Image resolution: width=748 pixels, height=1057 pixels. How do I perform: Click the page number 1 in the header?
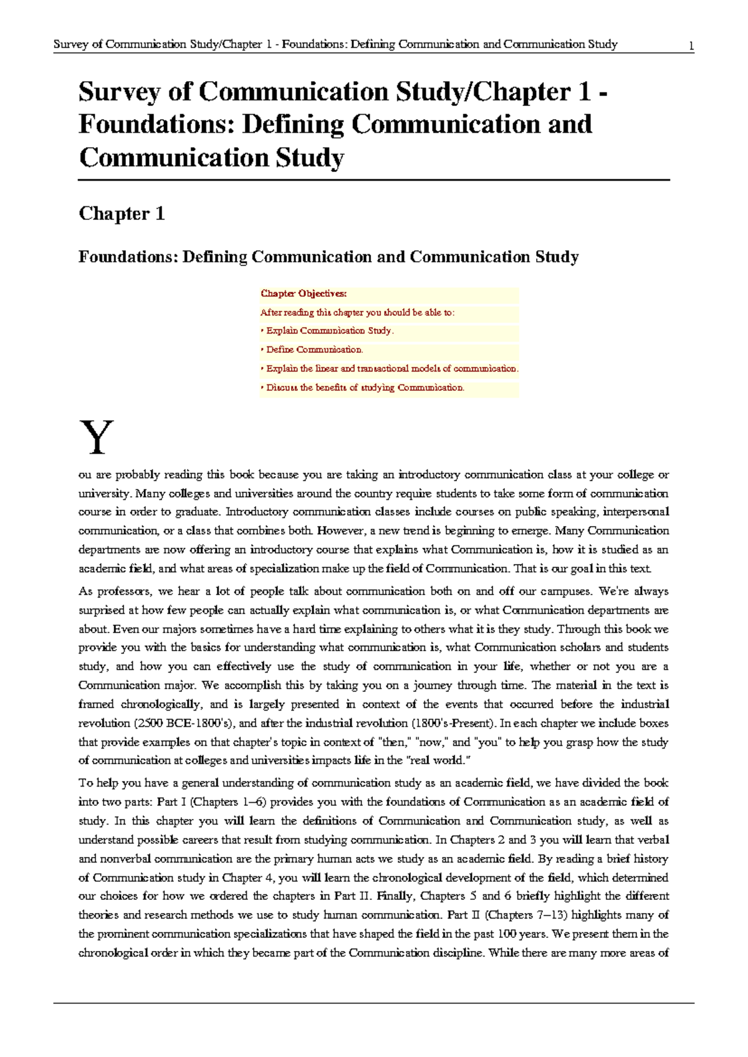click(691, 45)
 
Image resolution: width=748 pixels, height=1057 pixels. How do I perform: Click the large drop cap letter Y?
click(97, 438)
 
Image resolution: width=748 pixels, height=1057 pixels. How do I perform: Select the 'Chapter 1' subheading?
click(122, 214)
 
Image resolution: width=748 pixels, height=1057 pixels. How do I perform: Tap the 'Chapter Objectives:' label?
click(304, 294)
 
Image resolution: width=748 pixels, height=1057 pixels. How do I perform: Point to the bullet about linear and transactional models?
click(391, 368)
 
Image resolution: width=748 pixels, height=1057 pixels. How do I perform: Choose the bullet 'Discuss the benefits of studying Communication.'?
click(364, 388)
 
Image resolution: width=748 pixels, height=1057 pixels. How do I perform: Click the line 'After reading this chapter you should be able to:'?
click(357, 312)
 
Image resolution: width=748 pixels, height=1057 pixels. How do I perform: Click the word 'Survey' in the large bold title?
click(119, 92)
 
